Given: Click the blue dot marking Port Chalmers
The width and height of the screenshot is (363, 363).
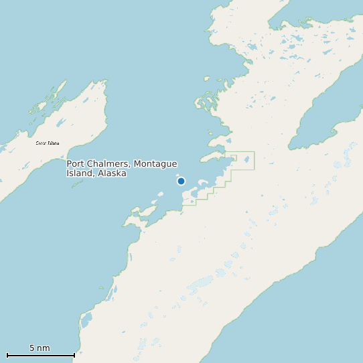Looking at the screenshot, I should click(181, 181).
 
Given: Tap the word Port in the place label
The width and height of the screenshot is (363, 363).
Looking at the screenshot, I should click(76, 164).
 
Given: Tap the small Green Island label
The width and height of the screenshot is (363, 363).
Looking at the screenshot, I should click(47, 143).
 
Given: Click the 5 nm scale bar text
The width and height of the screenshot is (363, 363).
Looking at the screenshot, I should click(40, 348).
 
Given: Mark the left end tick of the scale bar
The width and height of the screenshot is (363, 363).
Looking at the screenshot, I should click(7, 354).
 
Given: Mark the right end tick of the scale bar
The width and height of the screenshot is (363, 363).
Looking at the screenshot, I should click(74, 354).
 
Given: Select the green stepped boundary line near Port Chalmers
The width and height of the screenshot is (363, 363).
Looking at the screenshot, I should click(231, 175).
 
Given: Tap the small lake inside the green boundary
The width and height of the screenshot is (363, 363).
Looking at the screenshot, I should click(246, 159).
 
